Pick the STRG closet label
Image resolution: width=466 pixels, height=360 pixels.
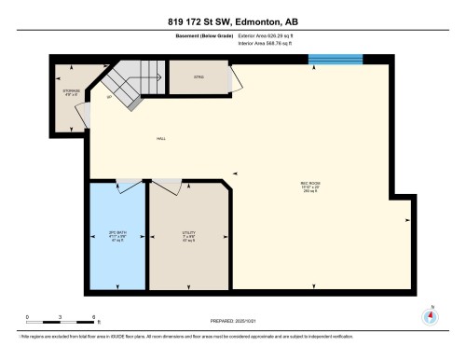199,76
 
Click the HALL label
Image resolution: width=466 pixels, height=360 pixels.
160,141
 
